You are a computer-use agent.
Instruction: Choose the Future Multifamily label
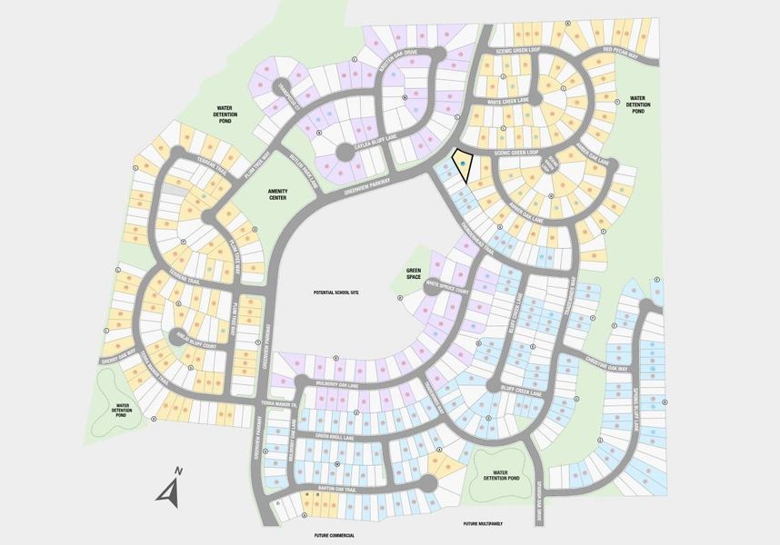[x=483, y=524]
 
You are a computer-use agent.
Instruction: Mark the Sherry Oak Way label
[x=117, y=353]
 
